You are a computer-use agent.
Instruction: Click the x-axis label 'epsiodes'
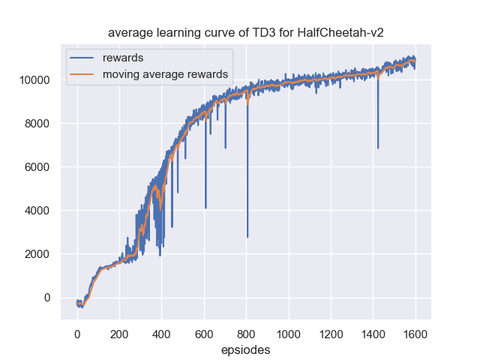point(246,349)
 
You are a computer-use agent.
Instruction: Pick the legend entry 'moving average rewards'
point(165,73)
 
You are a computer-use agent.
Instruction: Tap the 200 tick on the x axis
point(119,334)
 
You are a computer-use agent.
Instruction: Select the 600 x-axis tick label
point(204,334)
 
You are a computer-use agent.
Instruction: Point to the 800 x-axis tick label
point(246,334)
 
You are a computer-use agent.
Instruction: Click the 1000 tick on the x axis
point(289,334)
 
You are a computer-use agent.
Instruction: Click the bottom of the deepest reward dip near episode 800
point(247,237)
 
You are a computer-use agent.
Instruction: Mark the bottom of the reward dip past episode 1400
point(378,148)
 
